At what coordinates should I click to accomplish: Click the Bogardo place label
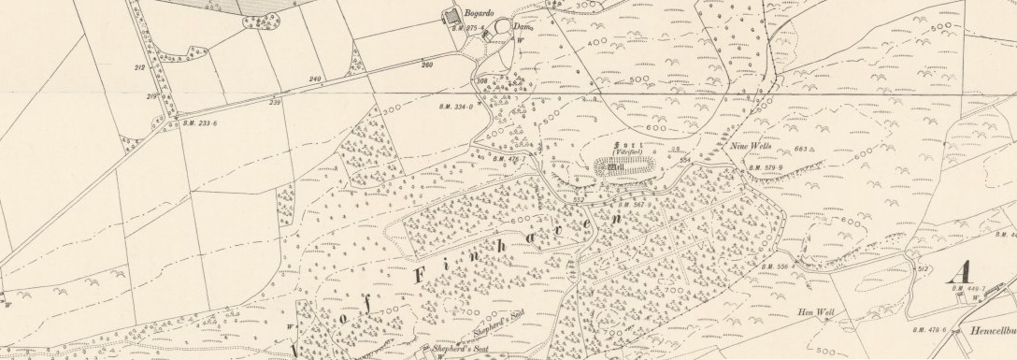[x=481, y=13]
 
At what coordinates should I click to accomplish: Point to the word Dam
[x=522, y=27]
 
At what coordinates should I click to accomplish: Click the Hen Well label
[x=809, y=311]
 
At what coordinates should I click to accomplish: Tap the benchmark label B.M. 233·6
[x=199, y=123]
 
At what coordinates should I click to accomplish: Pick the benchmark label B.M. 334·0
[x=457, y=107]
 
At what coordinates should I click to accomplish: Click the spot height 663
[x=800, y=149]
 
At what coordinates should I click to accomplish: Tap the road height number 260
[x=427, y=65]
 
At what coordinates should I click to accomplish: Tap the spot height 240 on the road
[x=314, y=79]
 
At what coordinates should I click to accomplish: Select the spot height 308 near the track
[x=482, y=82]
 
